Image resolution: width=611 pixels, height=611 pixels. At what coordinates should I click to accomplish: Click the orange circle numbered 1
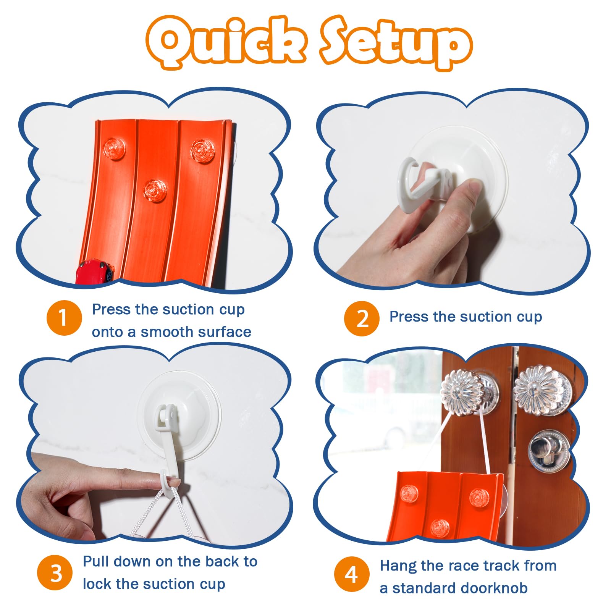64,318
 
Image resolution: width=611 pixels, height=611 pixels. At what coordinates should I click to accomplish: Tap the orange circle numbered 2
362,318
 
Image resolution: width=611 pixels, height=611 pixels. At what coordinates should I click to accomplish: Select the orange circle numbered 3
55,572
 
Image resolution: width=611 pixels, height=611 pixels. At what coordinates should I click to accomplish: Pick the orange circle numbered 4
352,574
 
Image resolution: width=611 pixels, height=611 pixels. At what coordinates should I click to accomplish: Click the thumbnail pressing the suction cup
475,188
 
